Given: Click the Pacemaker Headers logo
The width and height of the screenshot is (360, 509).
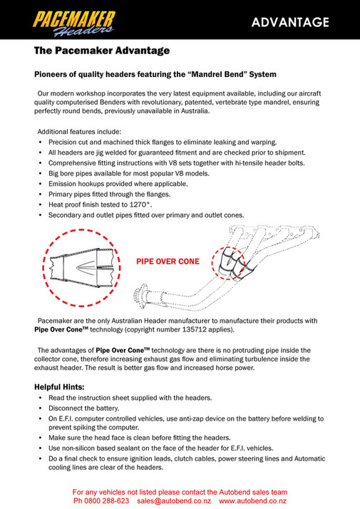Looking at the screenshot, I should (x=71, y=19).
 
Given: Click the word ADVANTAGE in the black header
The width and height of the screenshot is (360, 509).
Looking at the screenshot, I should (x=290, y=21).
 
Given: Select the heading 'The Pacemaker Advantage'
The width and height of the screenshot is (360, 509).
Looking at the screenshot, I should (x=102, y=51).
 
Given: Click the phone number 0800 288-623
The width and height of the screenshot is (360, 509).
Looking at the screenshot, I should (x=107, y=501).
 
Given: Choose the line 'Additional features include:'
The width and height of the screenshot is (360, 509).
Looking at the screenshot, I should (x=79, y=131).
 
